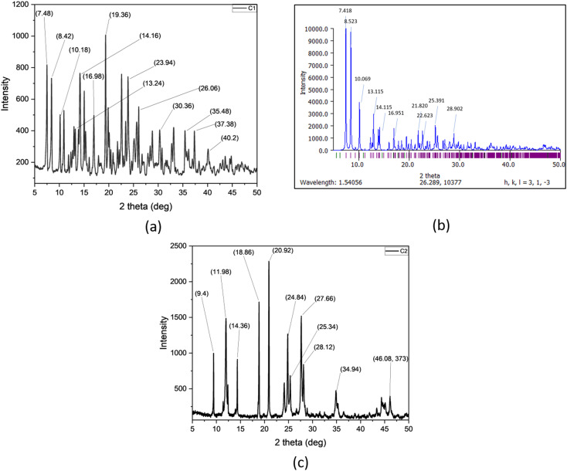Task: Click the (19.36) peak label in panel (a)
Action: coord(119,15)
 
